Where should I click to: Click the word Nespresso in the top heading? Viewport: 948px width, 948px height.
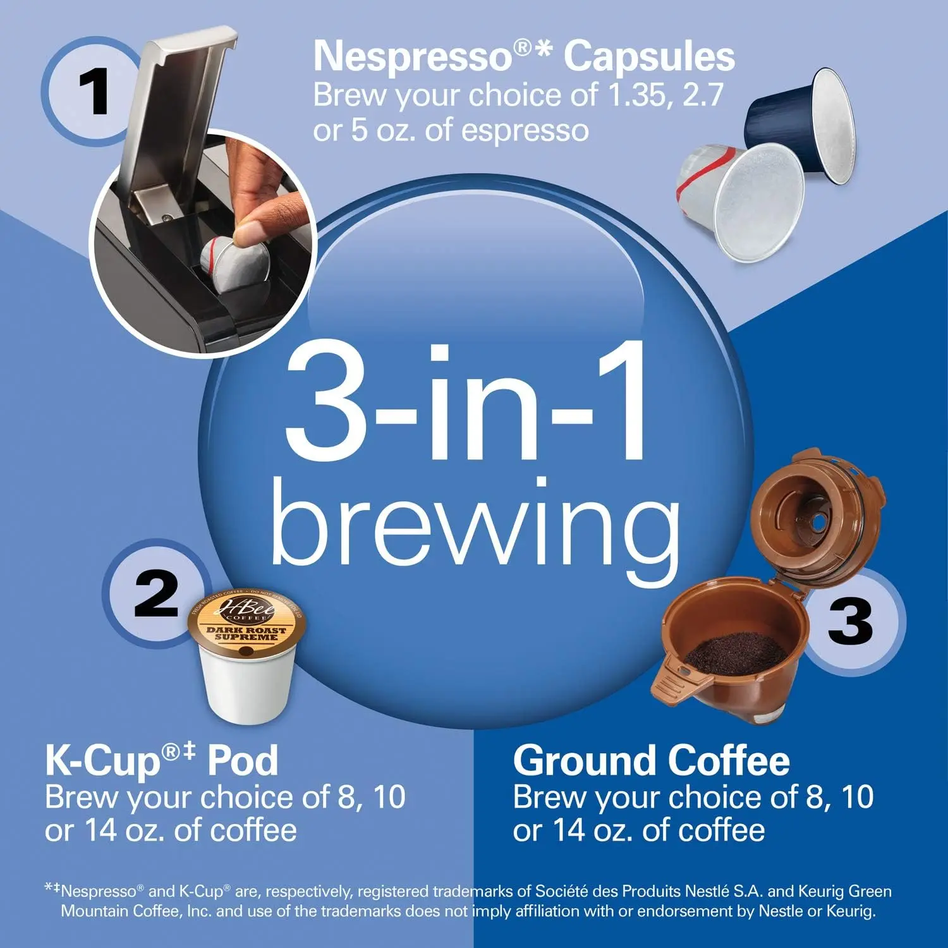coord(413,57)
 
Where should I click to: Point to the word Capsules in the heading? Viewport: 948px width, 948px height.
coord(649,57)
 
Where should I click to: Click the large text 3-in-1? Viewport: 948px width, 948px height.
coord(466,404)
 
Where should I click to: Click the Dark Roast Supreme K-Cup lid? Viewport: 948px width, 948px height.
coord(247,622)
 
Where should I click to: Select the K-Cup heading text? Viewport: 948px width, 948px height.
coord(161,760)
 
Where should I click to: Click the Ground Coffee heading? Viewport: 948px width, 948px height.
coord(651,760)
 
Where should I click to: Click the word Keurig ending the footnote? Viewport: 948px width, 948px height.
coord(853,911)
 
